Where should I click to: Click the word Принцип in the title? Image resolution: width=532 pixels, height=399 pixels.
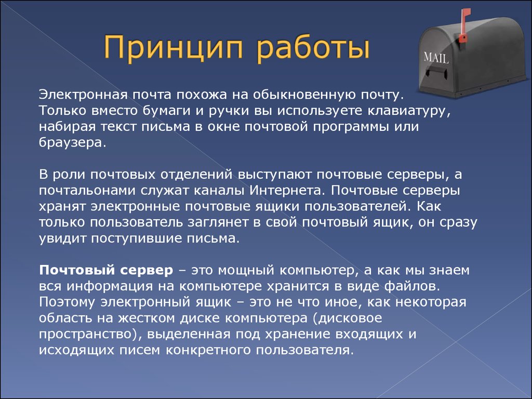(x=174, y=48)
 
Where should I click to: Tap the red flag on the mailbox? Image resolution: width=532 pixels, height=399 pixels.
(x=464, y=25)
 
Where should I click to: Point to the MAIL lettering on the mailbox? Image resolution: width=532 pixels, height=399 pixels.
(x=436, y=58)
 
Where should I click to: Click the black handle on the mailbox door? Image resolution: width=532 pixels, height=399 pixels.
(x=435, y=72)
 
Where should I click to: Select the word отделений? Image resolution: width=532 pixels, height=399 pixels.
(x=196, y=175)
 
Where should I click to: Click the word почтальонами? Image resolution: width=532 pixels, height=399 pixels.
(x=87, y=190)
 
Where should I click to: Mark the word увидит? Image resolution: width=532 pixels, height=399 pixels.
(x=62, y=238)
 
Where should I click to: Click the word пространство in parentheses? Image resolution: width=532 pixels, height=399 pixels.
(x=87, y=334)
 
